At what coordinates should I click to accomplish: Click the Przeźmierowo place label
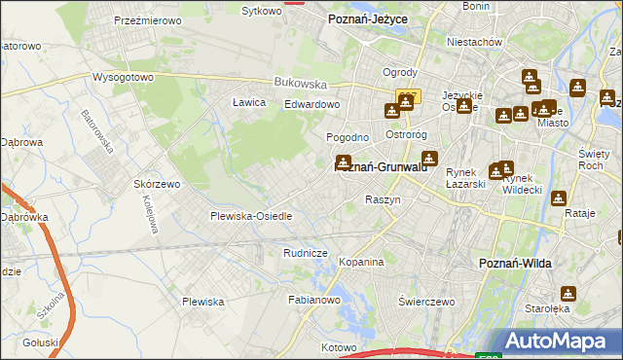[143, 19]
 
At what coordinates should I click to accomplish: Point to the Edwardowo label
[311, 104]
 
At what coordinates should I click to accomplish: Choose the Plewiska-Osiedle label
[251, 216]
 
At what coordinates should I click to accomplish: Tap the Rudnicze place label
[304, 253]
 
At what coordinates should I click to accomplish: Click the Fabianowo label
[312, 301]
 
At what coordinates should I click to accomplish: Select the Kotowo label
[340, 346]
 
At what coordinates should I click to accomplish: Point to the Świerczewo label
[427, 302]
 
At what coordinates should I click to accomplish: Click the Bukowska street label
[297, 83]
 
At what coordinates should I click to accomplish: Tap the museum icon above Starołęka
[568, 293]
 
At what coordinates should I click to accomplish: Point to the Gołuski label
[41, 342]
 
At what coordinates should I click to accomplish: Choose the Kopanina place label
[361, 262]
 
